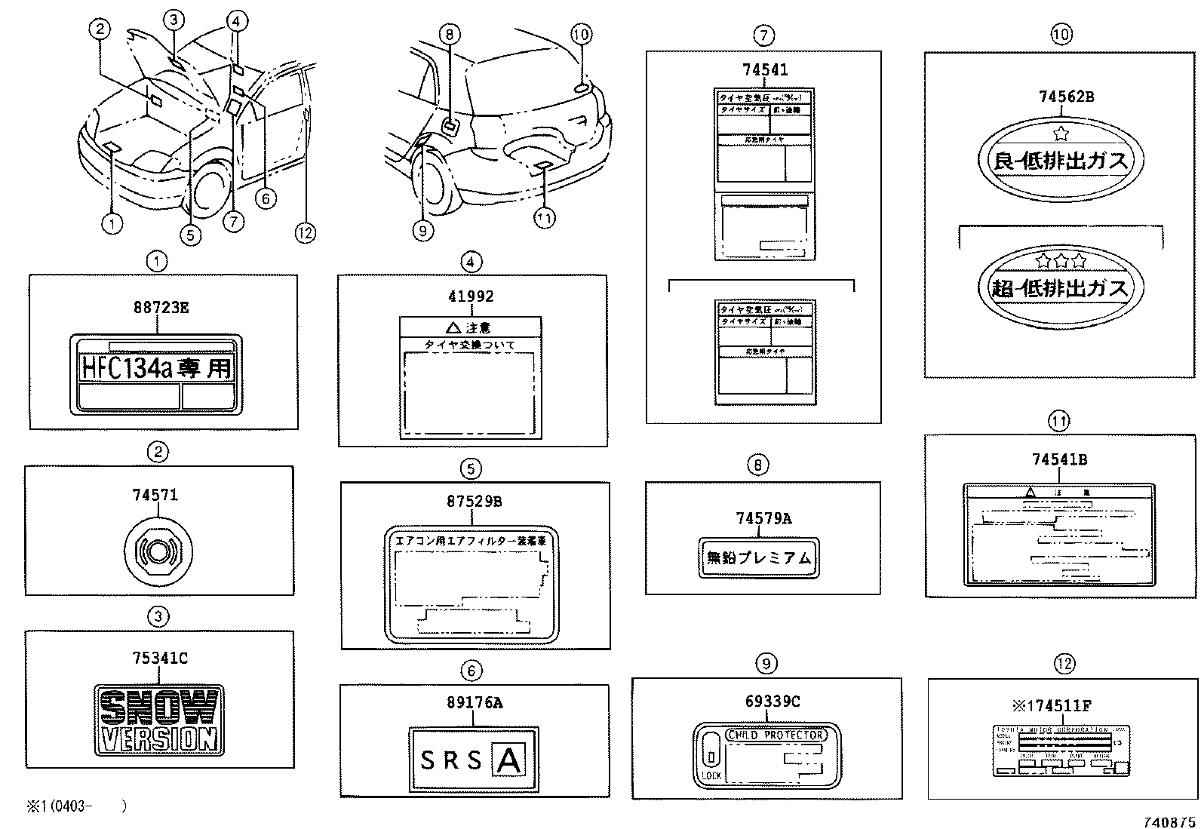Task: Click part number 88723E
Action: coord(161,307)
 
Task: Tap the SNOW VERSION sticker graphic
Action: coord(159,720)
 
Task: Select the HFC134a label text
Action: coord(156,368)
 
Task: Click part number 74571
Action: coord(155,495)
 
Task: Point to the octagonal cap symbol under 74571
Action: coord(158,552)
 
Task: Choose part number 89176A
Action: coord(474,702)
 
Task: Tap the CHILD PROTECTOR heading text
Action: coord(776,735)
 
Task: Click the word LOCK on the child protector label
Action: coord(711,775)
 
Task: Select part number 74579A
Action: coord(763,518)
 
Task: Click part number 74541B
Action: coord(1059,459)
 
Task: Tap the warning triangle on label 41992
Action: coord(453,328)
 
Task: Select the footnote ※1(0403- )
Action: coord(75,806)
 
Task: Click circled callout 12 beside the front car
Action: coord(305,232)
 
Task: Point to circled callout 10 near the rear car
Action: coord(581,34)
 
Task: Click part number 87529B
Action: coord(474,502)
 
